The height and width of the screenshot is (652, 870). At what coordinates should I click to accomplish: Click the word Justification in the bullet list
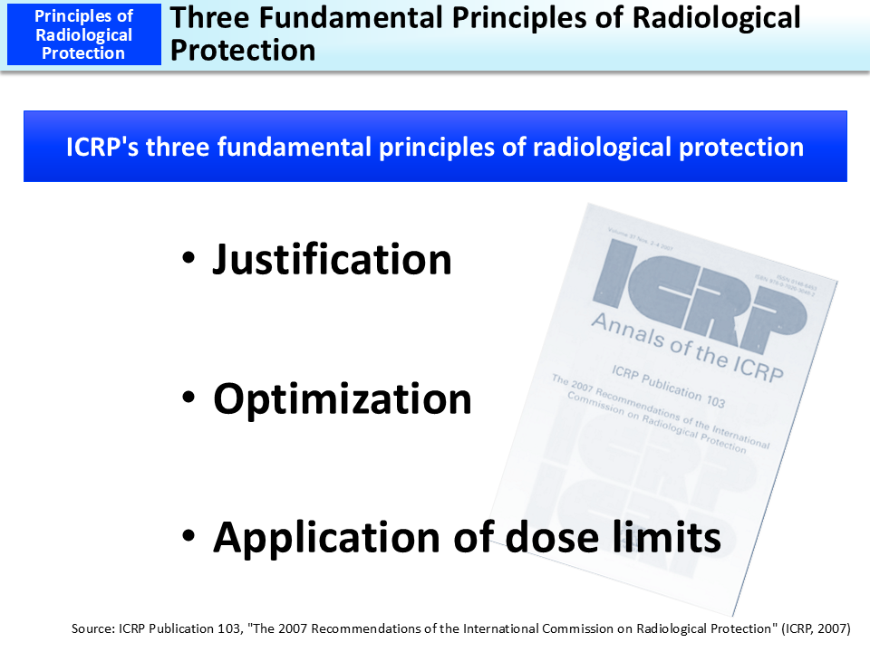[x=332, y=260]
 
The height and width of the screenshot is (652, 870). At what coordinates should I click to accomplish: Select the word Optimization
[x=343, y=399]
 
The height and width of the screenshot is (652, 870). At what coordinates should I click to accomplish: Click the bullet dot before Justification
[x=188, y=261]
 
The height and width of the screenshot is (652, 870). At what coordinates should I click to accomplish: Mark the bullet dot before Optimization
[x=188, y=400]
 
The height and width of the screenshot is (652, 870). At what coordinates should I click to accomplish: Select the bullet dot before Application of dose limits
[x=188, y=539]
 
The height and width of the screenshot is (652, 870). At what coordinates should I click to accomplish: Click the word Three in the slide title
[x=215, y=17]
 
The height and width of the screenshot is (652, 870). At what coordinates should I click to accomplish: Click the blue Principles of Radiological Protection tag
[x=83, y=34]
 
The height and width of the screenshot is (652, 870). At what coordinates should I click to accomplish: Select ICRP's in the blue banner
[x=102, y=147]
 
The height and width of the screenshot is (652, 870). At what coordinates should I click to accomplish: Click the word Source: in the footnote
[x=93, y=627]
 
